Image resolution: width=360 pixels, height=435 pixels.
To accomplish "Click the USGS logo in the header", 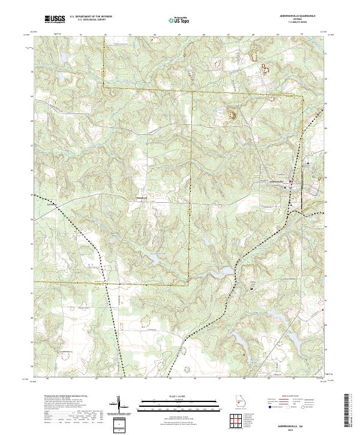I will point(55,19).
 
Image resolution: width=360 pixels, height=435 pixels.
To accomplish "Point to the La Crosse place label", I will point(52,203).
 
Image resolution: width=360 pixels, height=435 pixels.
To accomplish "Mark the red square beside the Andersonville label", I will point(291,182).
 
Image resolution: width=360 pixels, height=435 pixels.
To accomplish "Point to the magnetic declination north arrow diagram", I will point(120,406).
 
